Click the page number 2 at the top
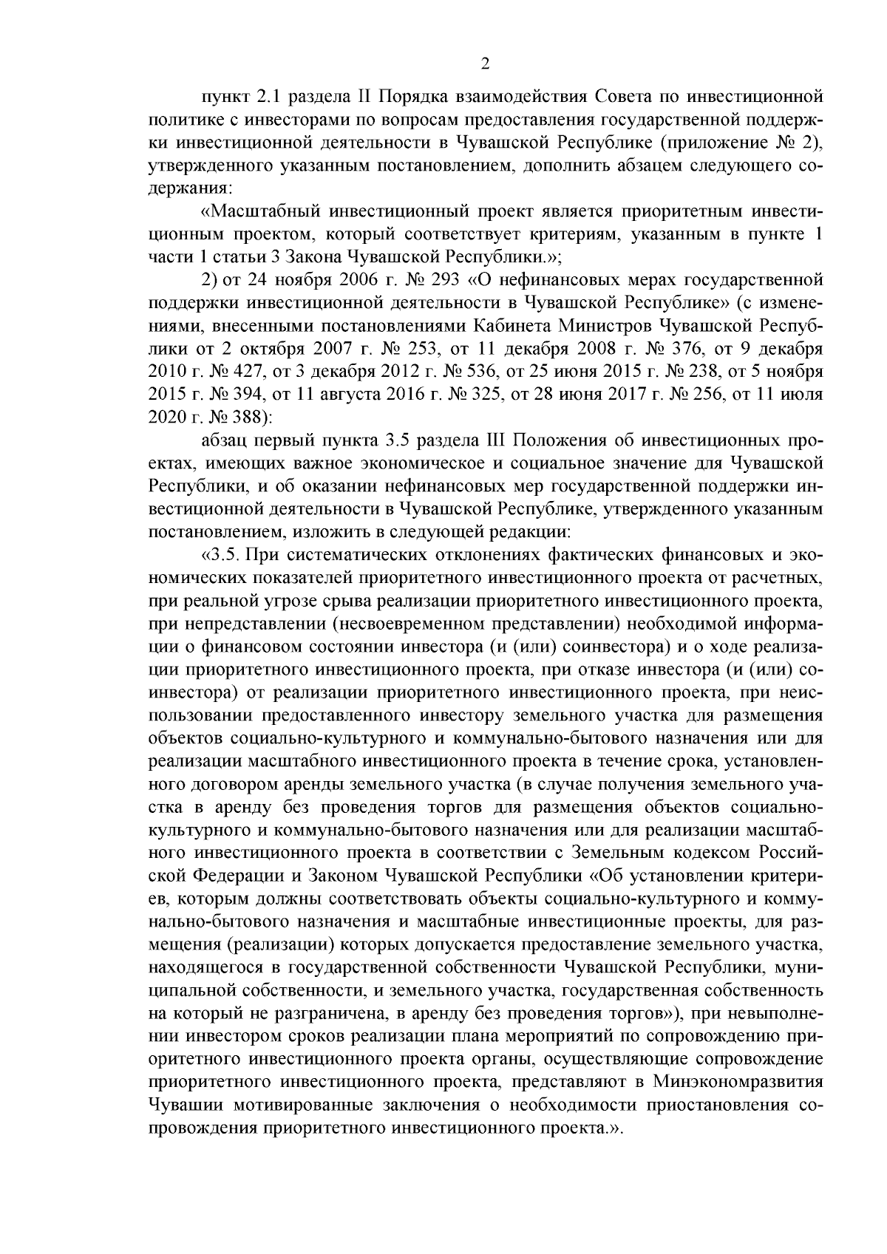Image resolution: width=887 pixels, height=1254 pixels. click(485, 64)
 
